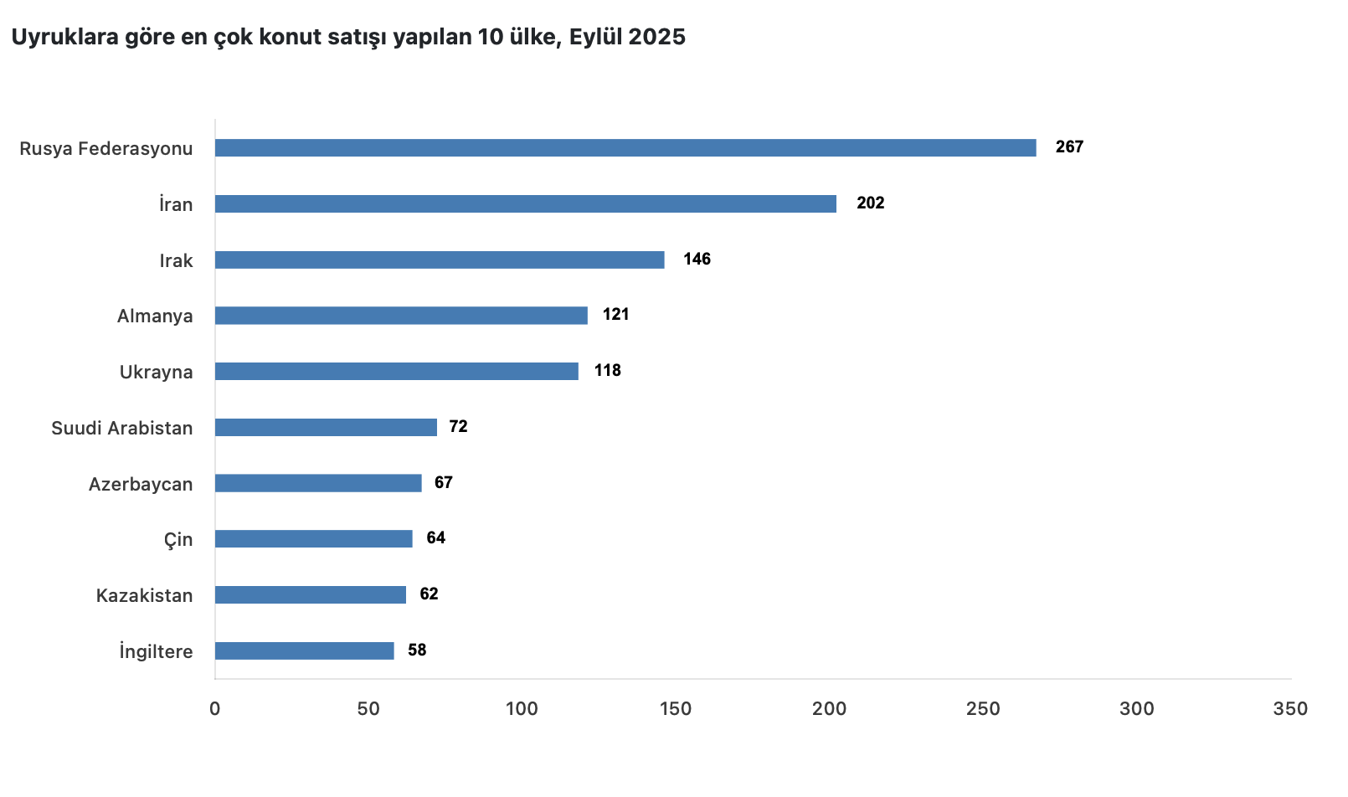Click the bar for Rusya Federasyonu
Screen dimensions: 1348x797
tap(626, 148)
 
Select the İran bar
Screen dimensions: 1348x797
tap(526, 204)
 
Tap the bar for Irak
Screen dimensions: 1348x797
tap(440, 260)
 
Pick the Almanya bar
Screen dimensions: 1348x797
tap(401, 316)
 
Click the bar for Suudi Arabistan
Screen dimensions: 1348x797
tap(327, 428)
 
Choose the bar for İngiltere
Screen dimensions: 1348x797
tap(305, 650)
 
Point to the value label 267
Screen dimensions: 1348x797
tap(1069, 147)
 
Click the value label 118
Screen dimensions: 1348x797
tap(608, 371)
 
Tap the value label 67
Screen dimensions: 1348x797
tap(444, 482)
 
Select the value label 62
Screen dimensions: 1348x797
tap(429, 594)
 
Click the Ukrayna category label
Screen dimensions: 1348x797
tap(157, 373)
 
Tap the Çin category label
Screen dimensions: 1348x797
tap(178, 539)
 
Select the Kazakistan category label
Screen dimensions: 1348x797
tap(144, 595)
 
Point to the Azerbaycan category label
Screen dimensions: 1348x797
tap(141, 484)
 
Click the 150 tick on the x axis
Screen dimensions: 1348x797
tap(676, 709)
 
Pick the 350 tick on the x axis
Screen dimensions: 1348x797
tap(1291, 709)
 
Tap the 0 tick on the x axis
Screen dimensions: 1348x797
tap(215, 709)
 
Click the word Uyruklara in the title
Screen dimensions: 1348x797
tap(65, 38)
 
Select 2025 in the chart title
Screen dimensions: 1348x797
tap(657, 38)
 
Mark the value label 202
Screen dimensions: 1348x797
tap(871, 203)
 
